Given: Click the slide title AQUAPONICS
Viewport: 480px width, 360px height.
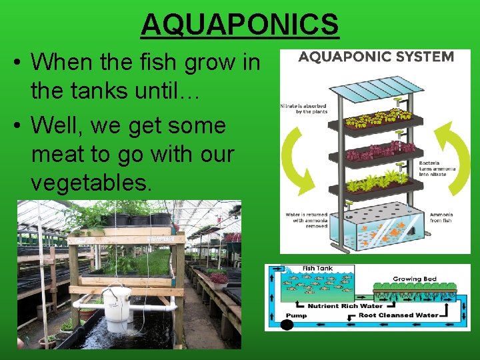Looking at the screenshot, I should coord(240,25).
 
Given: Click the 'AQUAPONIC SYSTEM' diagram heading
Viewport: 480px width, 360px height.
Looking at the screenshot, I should coord(376,56).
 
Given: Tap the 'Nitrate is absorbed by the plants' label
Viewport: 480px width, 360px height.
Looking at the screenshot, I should coord(304,108).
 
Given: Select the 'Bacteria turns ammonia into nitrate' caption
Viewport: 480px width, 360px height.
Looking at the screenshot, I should coord(437,169).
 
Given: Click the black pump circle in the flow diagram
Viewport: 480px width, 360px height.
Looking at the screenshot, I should coord(287,325).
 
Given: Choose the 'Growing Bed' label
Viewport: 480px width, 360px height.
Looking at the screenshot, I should coord(415,279).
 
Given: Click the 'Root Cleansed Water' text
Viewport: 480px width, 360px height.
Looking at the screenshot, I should coord(399,315).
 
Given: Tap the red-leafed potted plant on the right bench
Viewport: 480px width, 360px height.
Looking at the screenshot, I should coord(218,277).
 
